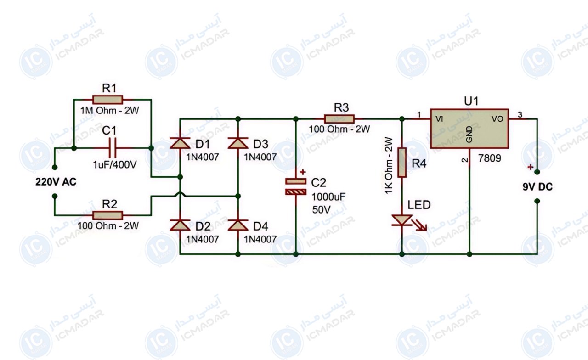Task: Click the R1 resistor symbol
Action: pos(107,100)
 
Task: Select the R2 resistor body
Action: pos(107,215)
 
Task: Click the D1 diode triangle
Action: pos(180,143)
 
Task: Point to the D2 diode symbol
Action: pos(180,225)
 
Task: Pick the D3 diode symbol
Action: pos(238,143)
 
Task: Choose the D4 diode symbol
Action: pos(238,225)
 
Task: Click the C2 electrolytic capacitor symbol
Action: pos(296,186)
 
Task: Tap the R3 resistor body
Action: pos(339,119)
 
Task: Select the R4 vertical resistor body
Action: pos(402,163)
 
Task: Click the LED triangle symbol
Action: pos(402,220)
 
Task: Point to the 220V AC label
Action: pos(56,182)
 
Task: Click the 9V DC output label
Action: pos(537,187)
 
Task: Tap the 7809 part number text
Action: pos(490,158)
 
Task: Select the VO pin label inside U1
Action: pos(498,119)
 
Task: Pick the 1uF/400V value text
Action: pos(115,165)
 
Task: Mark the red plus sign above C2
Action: pos(303,172)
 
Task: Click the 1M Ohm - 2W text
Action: pos(109,111)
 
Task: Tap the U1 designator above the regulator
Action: pos(471,101)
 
